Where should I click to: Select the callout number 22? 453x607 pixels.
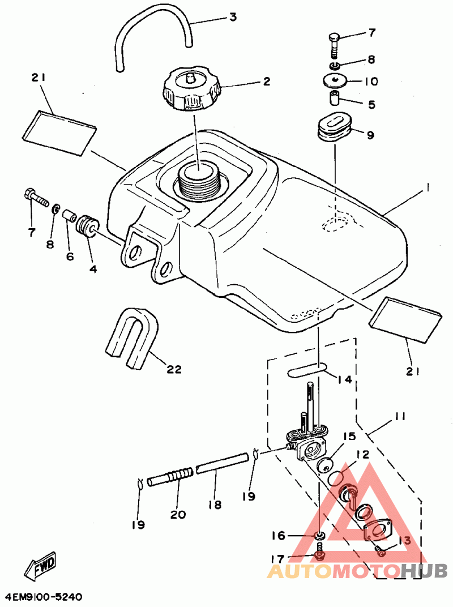174,369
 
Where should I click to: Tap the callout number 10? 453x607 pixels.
370,82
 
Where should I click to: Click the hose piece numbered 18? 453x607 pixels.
222,469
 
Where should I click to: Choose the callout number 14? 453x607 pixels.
344,379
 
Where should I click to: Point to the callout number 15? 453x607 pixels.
348,437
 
